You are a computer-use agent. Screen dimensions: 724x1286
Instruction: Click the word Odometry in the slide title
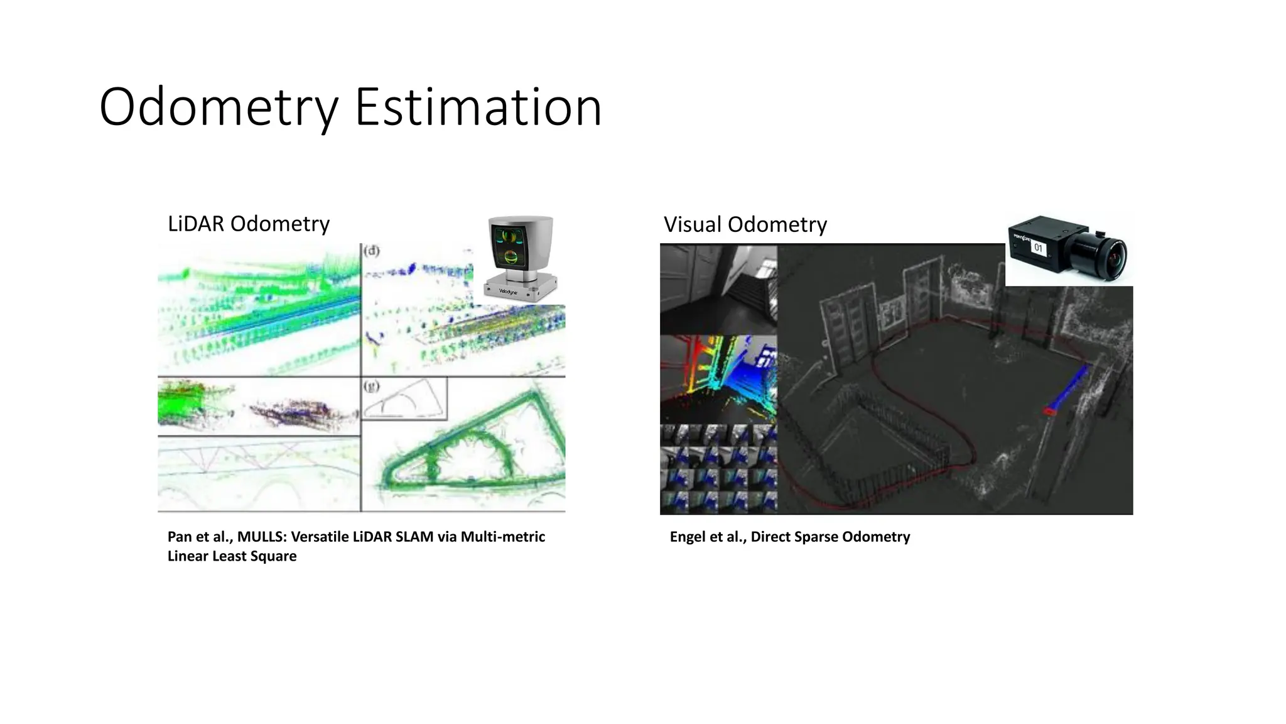coord(219,107)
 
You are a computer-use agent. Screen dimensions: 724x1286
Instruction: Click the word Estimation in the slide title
coord(478,107)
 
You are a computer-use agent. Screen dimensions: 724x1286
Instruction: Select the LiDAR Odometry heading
coord(248,224)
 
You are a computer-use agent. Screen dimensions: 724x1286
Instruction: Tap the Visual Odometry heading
coord(745,224)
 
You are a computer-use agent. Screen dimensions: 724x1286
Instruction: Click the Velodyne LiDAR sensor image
coord(521,258)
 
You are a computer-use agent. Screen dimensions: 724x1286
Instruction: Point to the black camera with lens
coord(1067,250)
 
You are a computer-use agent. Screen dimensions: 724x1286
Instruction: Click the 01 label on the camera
coord(1038,248)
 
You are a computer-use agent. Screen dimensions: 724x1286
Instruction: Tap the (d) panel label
coord(372,251)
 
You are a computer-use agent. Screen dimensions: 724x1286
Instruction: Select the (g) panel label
coord(372,387)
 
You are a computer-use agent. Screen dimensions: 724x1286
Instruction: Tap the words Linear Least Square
coord(232,556)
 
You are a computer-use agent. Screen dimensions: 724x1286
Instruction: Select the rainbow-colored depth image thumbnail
coord(718,379)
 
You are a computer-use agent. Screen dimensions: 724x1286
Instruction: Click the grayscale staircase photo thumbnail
coord(718,289)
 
